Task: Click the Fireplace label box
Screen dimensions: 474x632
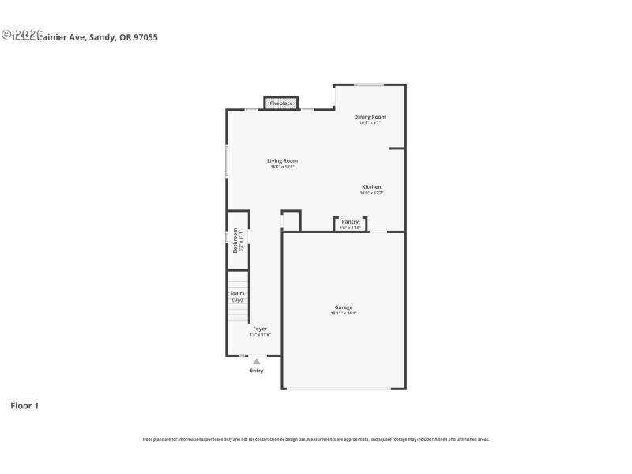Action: click(281, 103)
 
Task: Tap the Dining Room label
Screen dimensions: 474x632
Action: click(370, 117)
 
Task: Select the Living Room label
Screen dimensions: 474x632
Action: click(282, 161)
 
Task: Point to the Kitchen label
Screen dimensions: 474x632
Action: click(371, 187)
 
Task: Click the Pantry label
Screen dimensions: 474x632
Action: click(350, 222)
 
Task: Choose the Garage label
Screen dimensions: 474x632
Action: click(344, 307)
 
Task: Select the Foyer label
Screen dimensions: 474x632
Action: click(260, 329)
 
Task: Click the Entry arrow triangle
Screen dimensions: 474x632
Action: click(257, 362)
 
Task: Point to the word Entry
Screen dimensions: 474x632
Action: click(257, 371)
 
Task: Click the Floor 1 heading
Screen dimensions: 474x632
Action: click(24, 406)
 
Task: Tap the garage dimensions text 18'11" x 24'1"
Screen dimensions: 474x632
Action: click(344, 314)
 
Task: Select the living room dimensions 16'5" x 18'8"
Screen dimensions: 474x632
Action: click(282, 167)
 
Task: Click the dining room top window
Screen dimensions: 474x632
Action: click(369, 85)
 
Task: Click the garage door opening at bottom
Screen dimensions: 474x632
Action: click(338, 388)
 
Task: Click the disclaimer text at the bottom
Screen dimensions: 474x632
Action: click(316, 439)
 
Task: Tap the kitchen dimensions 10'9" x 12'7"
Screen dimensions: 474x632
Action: click(371, 193)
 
